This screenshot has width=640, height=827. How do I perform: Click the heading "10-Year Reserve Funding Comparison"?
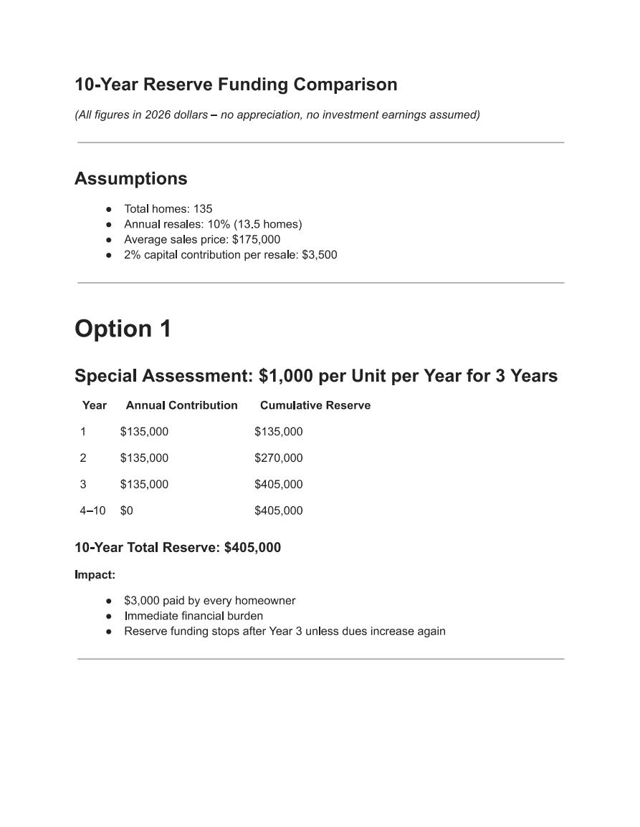pyautogui.click(x=236, y=84)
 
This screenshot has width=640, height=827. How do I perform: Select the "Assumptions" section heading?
pyautogui.click(x=131, y=178)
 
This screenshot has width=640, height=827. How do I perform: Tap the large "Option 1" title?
pyautogui.click(x=123, y=329)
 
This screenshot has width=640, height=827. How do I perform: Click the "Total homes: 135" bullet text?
pyautogui.click(x=168, y=209)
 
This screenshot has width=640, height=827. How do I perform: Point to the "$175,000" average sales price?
pyautogui.click(x=256, y=240)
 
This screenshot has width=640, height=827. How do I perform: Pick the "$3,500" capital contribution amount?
pyautogui.click(x=319, y=255)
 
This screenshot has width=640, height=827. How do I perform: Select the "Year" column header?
pyautogui.click(x=94, y=405)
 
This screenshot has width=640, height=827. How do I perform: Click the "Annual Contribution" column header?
pyautogui.click(x=181, y=405)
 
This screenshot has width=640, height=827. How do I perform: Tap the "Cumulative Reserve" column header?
pyautogui.click(x=315, y=405)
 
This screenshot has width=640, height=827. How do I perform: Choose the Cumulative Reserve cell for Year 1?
pyautogui.click(x=278, y=432)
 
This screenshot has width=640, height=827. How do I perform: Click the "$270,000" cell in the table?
pyautogui.click(x=278, y=458)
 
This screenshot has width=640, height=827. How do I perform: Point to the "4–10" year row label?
pyautogui.click(x=92, y=511)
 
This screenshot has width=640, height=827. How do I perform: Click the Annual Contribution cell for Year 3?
pyautogui.click(x=144, y=485)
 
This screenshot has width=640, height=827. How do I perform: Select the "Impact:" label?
pyautogui.click(x=95, y=574)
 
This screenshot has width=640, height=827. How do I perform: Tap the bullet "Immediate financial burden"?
pyautogui.click(x=193, y=616)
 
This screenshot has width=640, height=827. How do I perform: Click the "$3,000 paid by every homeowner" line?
pyautogui.click(x=209, y=601)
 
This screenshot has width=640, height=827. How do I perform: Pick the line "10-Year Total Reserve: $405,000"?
pyautogui.click(x=178, y=548)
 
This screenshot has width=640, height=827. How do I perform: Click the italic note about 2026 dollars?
pyautogui.click(x=277, y=115)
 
